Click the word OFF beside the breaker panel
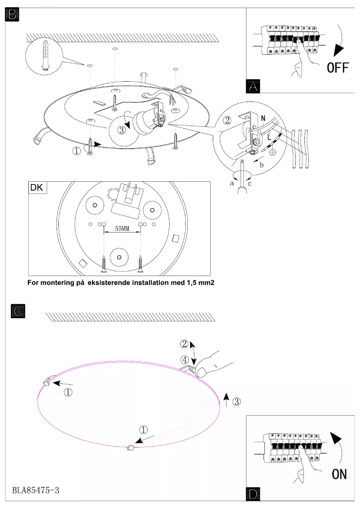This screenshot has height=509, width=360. point(338,68)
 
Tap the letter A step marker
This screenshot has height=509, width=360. point(253,86)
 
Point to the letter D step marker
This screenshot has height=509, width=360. point(253,494)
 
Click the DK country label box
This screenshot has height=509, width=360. point(37,188)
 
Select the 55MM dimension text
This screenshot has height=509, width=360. point(122,228)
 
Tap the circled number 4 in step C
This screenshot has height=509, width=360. point(184,360)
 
